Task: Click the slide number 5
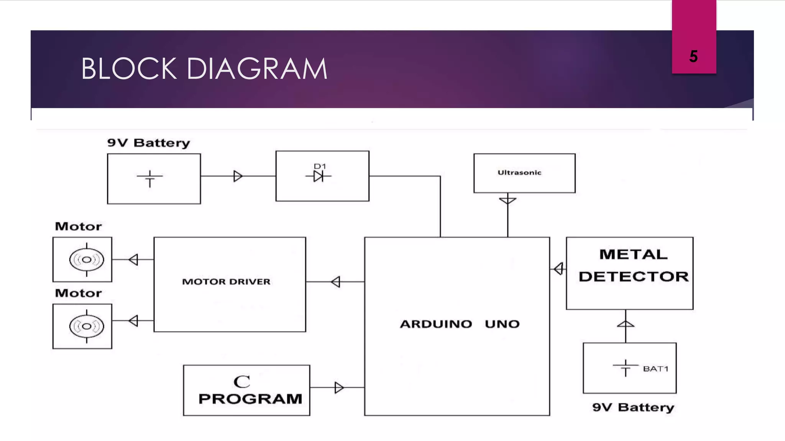click(x=693, y=57)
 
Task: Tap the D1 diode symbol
click(x=319, y=176)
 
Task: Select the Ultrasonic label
click(x=519, y=173)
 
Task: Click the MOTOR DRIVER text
click(x=226, y=282)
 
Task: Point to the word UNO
click(x=502, y=324)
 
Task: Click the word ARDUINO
click(x=436, y=324)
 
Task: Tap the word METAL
click(x=633, y=255)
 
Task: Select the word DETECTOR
click(x=633, y=277)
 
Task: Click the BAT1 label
click(x=655, y=369)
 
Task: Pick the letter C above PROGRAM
click(x=242, y=382)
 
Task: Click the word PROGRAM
click(x=250, y=399)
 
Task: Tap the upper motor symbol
click(x=87, y=260)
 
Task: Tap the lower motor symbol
click(x=87, y=326)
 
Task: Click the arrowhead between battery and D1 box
click(x=238, y=176)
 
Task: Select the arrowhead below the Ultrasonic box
click(x=507, y=201)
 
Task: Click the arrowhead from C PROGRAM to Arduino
click(x=339, y=387)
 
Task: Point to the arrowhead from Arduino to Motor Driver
click(x=335, y=282)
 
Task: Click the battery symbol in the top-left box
click(x=150, y=178)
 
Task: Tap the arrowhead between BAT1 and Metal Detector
click(x=626, y=324)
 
